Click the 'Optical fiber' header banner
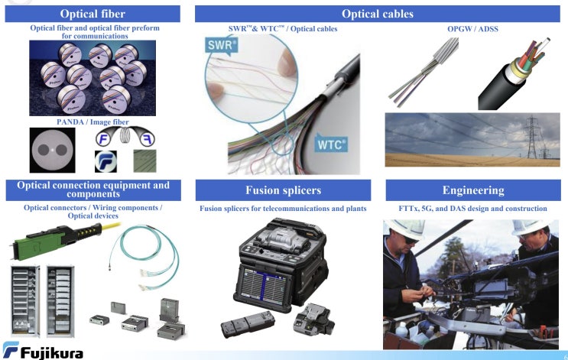(93, 14)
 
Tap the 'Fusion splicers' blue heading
(284, 190)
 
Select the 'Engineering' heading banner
(473, 190)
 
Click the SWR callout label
(222, 46)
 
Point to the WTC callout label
(331, 144)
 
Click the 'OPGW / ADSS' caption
(472, 29)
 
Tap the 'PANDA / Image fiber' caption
(93, 122)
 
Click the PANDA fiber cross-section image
(53, 150)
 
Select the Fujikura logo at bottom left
(43, 350)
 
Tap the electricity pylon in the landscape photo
(531, 138)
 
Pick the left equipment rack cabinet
(25, 301)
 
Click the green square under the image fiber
(145, 161)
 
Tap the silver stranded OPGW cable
(424, 72)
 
